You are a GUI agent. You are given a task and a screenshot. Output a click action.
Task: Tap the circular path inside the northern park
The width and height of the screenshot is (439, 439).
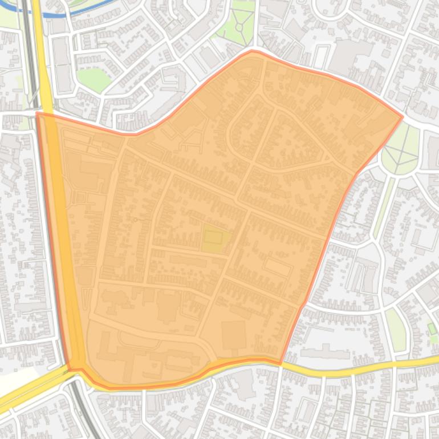[x=238, y=26]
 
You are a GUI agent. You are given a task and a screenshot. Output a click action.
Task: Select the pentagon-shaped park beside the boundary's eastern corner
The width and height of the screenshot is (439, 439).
[x=400, y=149]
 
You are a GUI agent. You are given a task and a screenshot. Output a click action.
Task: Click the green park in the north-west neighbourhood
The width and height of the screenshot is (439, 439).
[x=93, y=79]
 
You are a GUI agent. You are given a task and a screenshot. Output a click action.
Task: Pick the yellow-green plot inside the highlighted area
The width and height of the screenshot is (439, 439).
[x=216, y=239]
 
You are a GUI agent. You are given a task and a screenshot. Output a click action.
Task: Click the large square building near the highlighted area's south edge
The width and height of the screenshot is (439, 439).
[x=234, y=335]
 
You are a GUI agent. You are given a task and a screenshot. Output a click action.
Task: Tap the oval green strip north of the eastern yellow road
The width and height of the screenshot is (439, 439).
[x=395, y=330]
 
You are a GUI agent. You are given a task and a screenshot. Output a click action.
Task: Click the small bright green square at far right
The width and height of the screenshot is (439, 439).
[x=432, y=329]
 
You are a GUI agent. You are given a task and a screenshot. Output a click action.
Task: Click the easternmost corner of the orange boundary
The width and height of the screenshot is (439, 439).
[x=403, y=117]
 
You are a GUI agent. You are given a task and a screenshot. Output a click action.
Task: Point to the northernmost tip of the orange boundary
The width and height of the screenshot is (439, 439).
[x=252, y=51]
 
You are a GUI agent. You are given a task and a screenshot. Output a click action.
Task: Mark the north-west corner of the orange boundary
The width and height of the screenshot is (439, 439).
[x=37, y=113]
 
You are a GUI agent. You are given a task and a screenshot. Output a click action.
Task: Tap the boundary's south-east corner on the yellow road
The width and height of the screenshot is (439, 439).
[x=281, y=363]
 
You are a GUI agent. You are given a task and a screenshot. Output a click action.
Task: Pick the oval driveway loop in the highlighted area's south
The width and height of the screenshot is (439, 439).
[x=139, y=340]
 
